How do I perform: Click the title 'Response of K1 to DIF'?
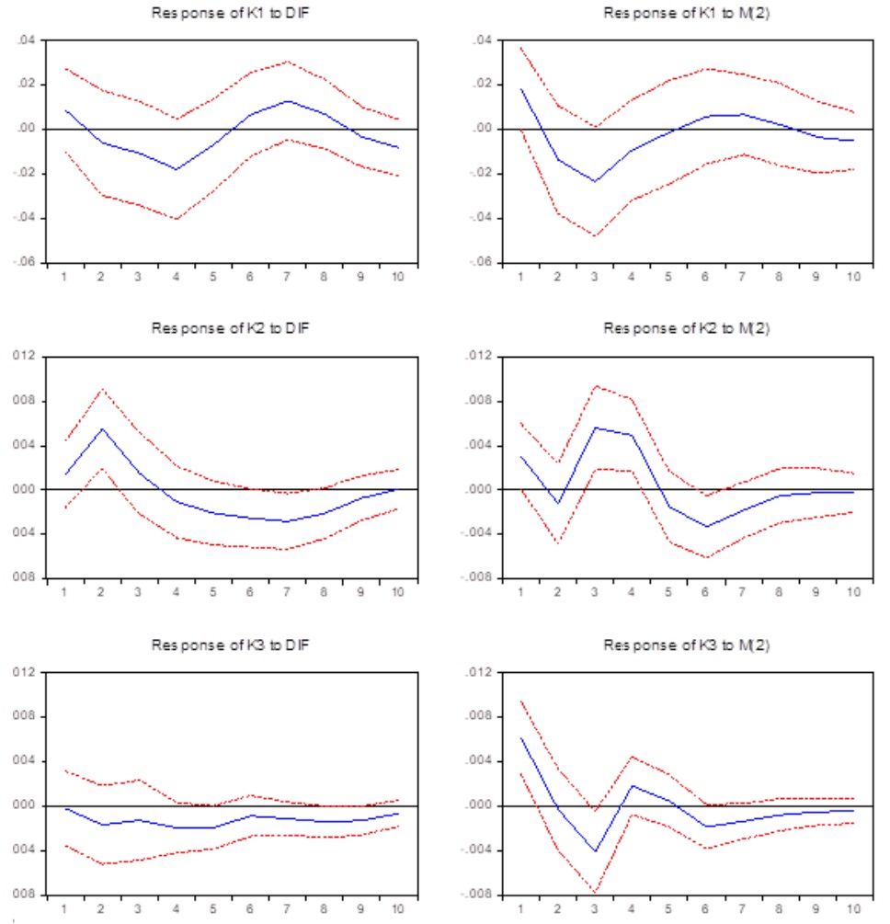point(228,13)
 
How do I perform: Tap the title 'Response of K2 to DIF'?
point(228,329)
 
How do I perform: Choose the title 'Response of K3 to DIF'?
point(228,645)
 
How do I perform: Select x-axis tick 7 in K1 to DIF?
point(288,277)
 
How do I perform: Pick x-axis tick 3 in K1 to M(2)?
point(595,277)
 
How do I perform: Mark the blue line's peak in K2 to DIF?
point(101,428)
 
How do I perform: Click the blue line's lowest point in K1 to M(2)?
point(595,181)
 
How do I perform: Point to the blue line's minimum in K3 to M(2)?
point(595,851)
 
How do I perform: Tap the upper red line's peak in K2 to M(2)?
point(595,386)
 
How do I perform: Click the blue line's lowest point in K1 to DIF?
point(176,169)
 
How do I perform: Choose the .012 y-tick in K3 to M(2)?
point(480,673)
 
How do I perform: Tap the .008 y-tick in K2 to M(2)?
point(480,402)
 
